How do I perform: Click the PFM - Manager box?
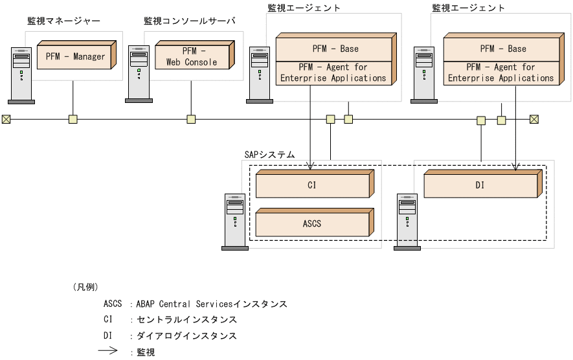click(x=74, y=56)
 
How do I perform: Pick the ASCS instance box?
click(x=311, y=223)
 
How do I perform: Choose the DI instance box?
click(x=480, y=185)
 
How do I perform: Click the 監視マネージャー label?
click(x=63, y=21)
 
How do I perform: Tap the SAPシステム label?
click(x=269, y=155)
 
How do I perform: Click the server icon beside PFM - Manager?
click(x=21, y=74)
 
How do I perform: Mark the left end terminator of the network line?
click(x=6, y=119)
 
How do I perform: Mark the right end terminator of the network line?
click(x=534, y=119)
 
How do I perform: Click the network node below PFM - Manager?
click(x=73, y=119)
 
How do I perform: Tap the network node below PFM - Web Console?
click(x=191, y=119)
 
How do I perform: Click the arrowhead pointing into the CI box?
click(x=311, y=166)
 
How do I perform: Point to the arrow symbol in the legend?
click(x=107, y=352)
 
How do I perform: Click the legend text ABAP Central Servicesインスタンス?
click(x=211, y=304)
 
